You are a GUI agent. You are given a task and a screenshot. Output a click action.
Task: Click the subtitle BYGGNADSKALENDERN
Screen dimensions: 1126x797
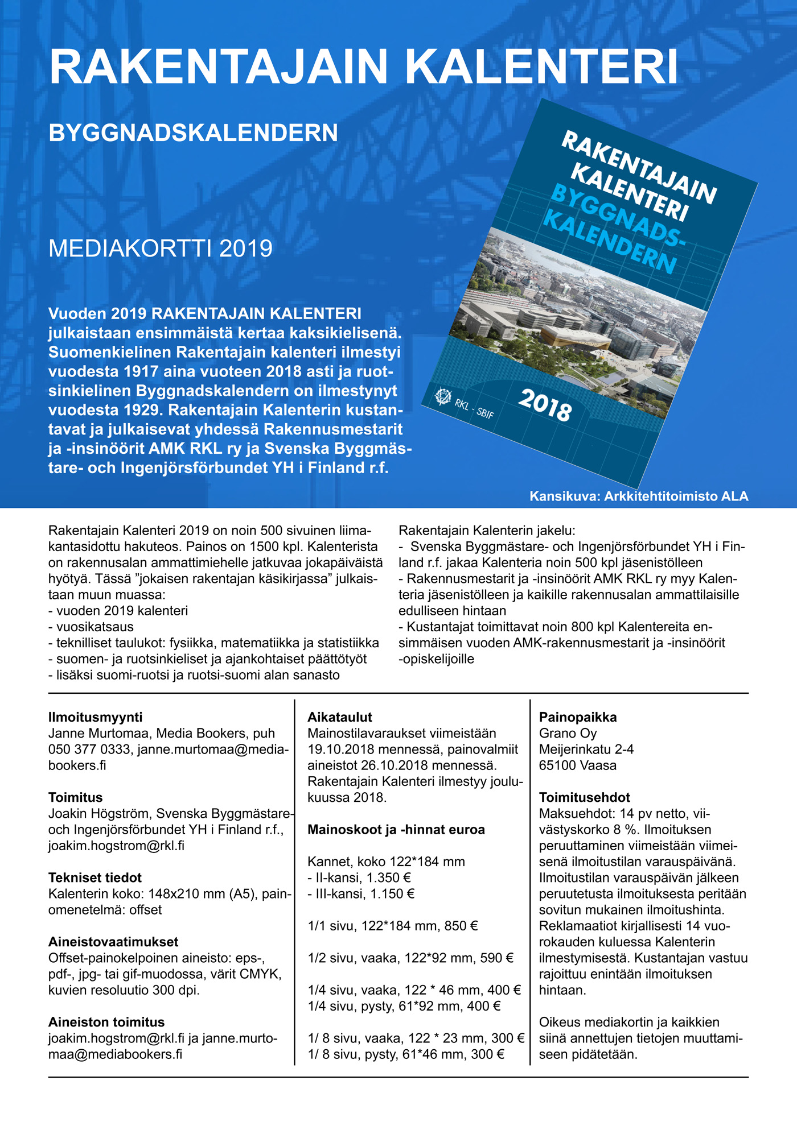tap(193, 133)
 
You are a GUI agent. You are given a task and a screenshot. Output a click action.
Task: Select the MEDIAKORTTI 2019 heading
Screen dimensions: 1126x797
tap(161, 249)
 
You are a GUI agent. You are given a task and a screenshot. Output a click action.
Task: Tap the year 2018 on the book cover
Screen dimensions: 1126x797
tap(545, 404)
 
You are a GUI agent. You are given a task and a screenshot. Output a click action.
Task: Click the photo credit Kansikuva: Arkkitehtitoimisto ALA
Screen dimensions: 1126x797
tap(639, 496)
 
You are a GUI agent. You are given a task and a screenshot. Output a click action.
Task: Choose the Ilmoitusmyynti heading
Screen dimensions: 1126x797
tap(95, 717)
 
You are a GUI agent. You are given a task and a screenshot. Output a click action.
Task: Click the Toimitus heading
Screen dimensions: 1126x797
tap(75, 797)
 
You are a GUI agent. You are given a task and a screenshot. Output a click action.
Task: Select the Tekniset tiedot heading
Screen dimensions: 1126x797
tap(95, 877)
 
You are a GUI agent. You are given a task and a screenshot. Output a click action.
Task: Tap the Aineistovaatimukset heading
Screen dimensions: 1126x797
tap(113, 942)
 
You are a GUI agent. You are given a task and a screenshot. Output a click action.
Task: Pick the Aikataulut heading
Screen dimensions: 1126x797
tap(339, 717)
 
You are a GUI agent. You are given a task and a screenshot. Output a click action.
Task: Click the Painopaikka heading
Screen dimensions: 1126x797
tap(578, 717)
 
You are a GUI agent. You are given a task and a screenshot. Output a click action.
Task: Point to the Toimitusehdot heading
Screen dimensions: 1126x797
tap(584, 797)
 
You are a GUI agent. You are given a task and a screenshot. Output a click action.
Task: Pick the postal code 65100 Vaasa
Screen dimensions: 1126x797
tap(577, 765)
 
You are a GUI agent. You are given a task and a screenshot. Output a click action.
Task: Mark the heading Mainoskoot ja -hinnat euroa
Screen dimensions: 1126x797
tap(396, 830)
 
